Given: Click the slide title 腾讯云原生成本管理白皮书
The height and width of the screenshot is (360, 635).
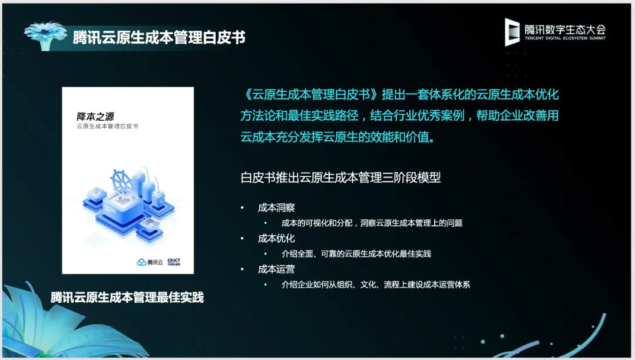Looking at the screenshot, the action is click(x=159, y=37).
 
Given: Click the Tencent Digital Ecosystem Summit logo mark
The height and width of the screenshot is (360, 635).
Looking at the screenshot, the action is click(x=512, y=32).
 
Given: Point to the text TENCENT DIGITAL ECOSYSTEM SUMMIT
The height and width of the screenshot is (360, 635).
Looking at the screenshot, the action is click(x=565, y=38).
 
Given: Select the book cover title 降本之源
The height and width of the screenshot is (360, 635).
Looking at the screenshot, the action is click(x=95, y=117).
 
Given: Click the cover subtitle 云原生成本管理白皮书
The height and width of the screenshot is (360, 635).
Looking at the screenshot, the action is click(x=107, y=126).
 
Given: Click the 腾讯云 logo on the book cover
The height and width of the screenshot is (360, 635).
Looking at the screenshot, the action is click(x=150, y=262).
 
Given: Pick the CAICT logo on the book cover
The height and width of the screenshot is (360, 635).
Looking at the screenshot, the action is click(x=174, y=262).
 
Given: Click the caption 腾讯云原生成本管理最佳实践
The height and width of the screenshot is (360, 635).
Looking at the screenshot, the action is click(x=127, y=298).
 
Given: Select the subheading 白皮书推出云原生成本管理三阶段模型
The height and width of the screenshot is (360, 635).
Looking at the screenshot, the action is click(x=340, y=177).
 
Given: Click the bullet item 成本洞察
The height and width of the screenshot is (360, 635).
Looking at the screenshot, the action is click(x=276, y=208).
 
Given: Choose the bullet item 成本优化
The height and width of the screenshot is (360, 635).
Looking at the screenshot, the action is click(x=276, y=239).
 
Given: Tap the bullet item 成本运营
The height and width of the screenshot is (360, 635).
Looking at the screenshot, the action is click(x=276, y=269).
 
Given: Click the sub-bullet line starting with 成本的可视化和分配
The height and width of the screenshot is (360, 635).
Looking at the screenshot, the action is click(x=372, y=223).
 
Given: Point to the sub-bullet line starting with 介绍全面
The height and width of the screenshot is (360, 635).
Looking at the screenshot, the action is click(x=356, y=254).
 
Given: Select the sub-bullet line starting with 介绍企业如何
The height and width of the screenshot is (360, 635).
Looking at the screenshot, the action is click(x=376, y=285).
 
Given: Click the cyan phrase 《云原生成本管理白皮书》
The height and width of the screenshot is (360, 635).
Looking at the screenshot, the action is click(x=311, y=95).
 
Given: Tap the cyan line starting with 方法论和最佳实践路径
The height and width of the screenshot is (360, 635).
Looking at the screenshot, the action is click(x=400, y=116).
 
